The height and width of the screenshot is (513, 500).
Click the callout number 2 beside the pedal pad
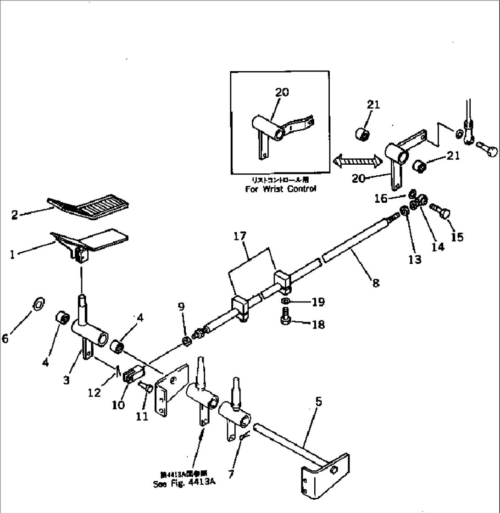(15, 215)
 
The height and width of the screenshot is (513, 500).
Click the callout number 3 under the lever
(67, 380)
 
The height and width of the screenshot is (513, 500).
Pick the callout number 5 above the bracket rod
(318, 402)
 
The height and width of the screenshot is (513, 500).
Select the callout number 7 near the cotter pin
(231, 474)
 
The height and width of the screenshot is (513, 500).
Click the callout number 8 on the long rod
(376, 283)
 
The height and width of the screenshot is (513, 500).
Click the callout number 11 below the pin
(142, 416)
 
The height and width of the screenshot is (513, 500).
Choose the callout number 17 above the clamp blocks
(239, 237)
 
